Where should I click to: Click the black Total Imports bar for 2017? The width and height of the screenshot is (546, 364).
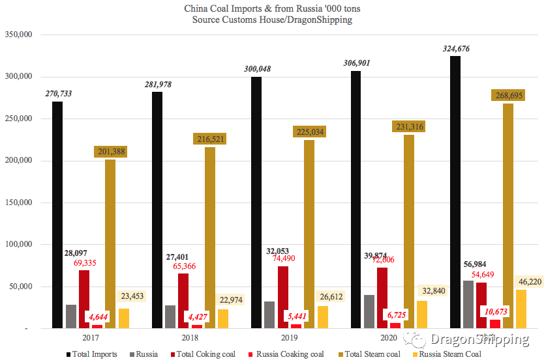click(58, 215)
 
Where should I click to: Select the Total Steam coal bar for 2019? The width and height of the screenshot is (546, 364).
click(309, 234)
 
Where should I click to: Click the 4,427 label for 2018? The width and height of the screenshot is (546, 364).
click(196, 317)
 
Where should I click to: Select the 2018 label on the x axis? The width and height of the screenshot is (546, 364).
click(190, 339)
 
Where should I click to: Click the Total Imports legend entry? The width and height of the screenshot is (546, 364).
click(91, 354)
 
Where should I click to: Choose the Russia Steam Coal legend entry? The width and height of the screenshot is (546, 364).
click(450, 354)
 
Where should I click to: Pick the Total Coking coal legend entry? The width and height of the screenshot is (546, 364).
click(205, 354)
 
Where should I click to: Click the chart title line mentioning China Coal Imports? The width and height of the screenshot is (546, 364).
click(273, 9)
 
